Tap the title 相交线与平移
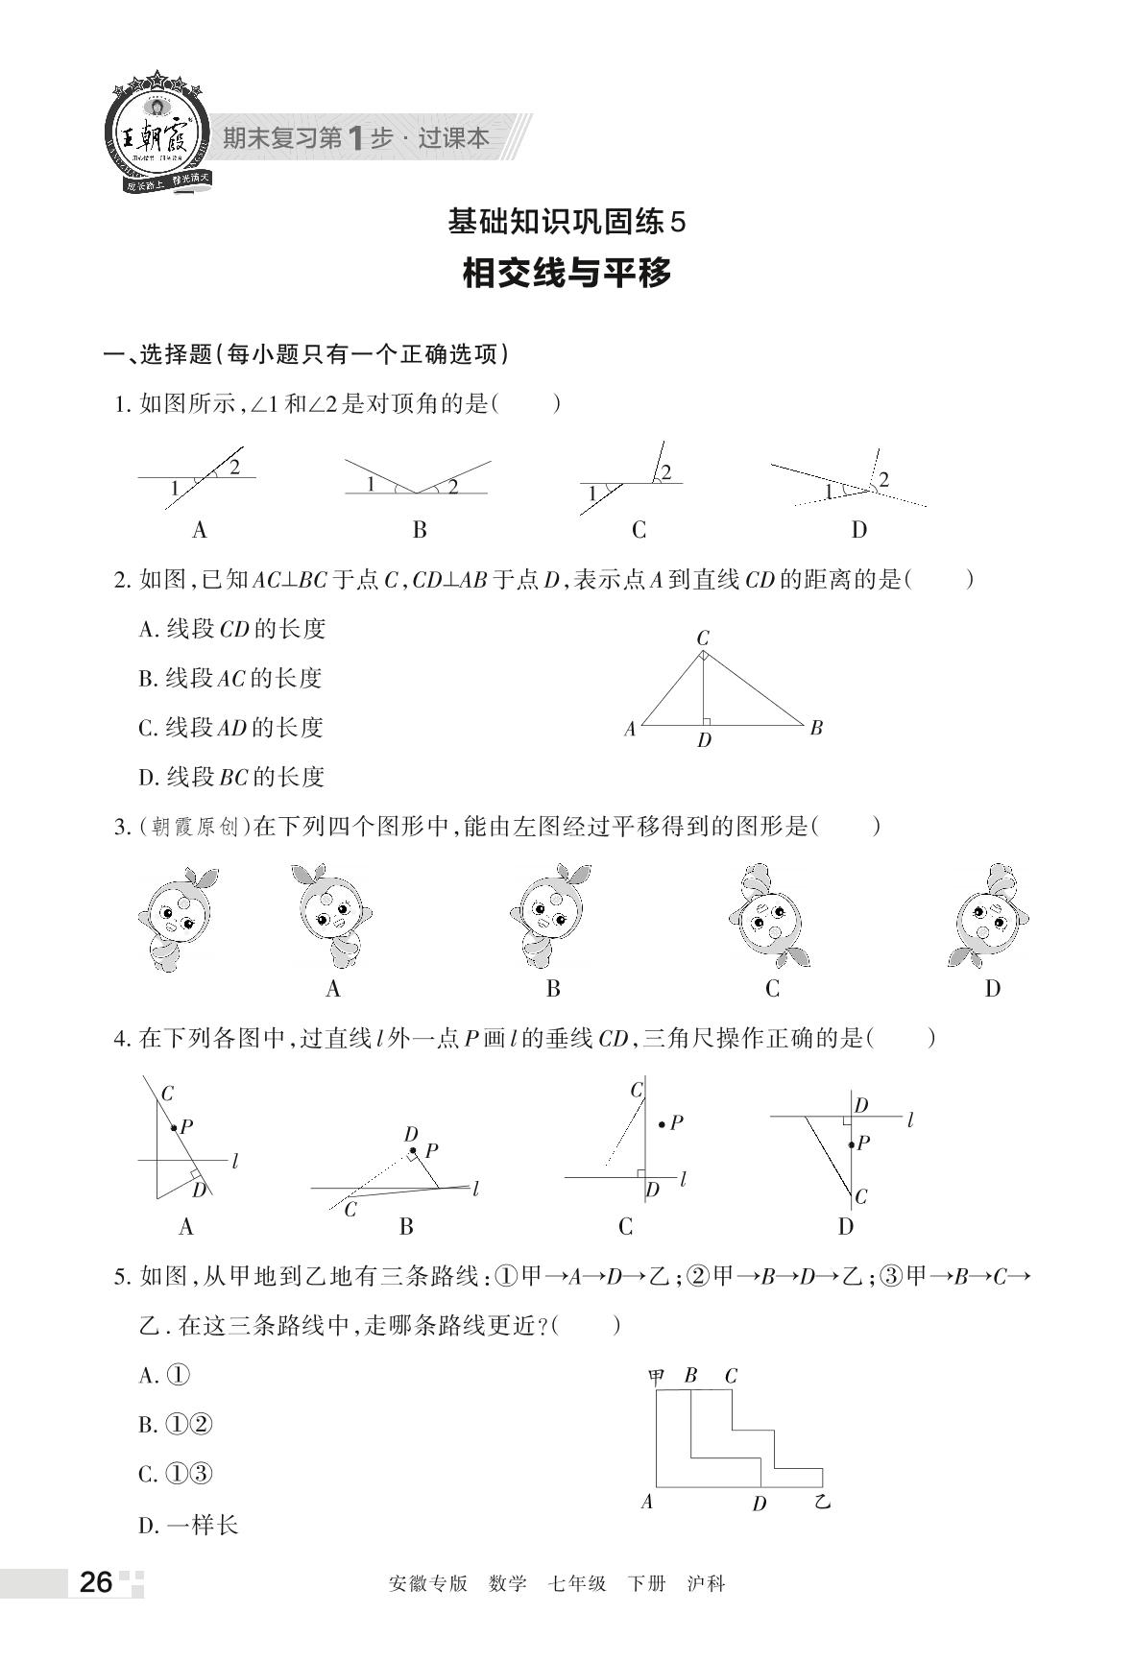point(567,274)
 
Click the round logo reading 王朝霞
point(154,135)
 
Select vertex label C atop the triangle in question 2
point(703,638)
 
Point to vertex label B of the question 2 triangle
point(816,727)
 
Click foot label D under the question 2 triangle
point(705,740)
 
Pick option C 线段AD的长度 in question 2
point(231,727)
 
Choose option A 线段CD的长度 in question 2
point(232,628)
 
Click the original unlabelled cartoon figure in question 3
point(178,918)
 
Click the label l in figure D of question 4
point(909,1119)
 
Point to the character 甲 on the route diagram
point(657,1375)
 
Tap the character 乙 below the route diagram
point(822,1500)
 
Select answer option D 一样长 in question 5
point(189,1524)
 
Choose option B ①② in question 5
point(176,1425)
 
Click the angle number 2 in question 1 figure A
point(233,468)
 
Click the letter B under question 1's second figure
point(420,529)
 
